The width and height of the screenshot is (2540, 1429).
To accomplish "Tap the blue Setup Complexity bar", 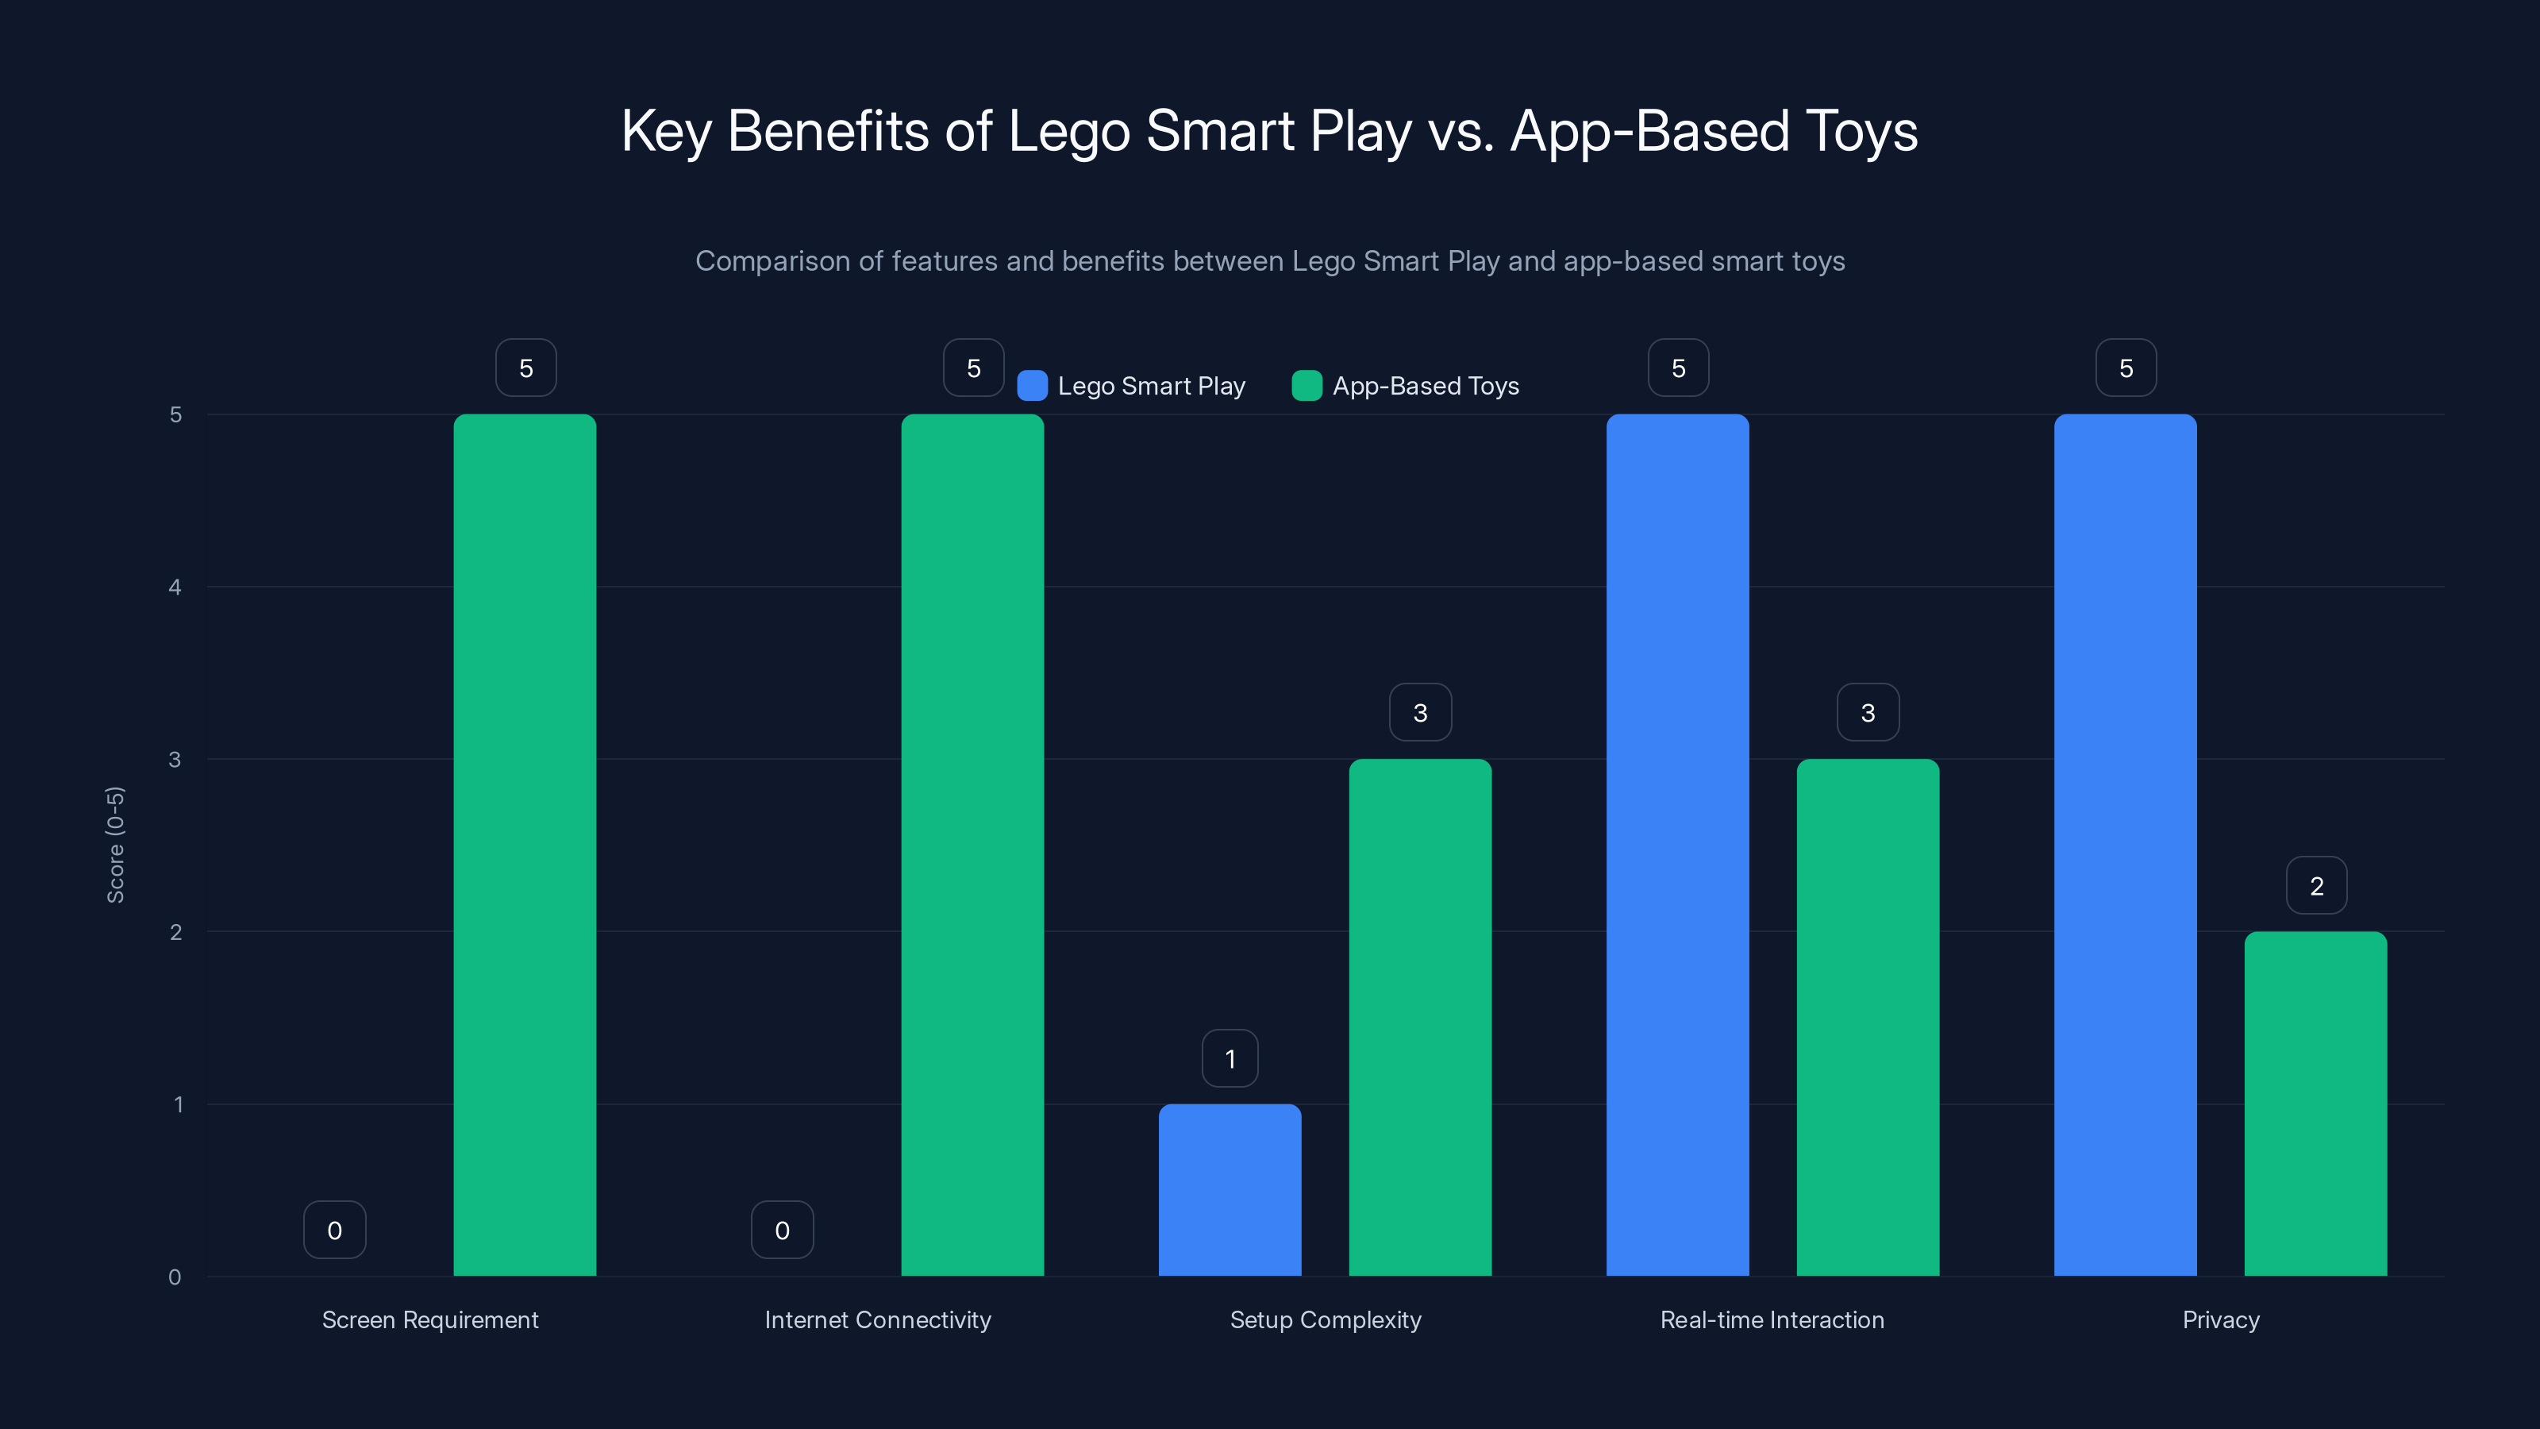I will [x=1230, y=1189].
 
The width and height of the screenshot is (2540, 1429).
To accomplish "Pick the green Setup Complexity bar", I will [x=1420, y=1017].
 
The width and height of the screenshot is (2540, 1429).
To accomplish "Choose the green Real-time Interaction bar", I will [x=1868, y=1017].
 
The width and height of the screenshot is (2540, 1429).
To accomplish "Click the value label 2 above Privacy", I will [x=2316, y=886].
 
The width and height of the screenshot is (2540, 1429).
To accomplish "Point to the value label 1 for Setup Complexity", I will [x=1230, y=1058].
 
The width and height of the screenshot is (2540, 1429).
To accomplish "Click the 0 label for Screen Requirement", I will [x=334, y=1230].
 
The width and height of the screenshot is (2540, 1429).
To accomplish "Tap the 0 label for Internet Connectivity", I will [x=782, y=1230].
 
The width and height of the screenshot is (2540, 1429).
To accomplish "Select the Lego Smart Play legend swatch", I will [x=1031, y=386].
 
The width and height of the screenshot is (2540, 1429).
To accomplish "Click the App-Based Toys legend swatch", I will [x=1307, y=386].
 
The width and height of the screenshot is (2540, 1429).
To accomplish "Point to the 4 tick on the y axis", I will [x=175, y=587].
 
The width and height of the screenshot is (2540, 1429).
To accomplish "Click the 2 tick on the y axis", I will [x=175, y=932].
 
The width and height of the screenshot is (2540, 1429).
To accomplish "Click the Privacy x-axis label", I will [x=2221, y=1319].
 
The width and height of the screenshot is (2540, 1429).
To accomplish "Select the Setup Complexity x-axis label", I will [x=1326, y=1319].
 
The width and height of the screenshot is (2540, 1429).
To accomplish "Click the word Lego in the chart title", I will [x=1068, y=131].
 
